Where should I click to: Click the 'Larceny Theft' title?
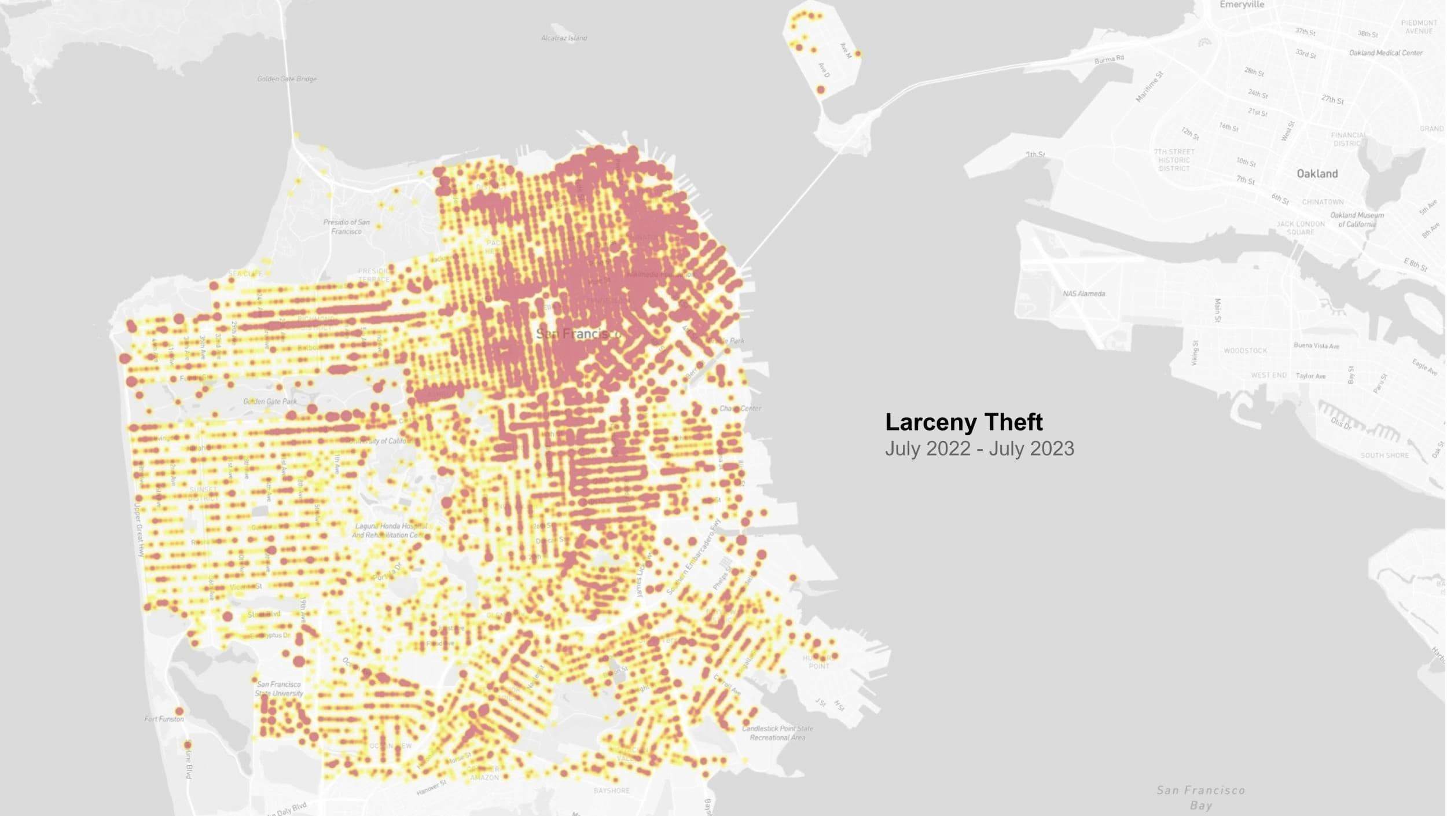[x=964, y=422]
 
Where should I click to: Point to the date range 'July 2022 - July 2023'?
[x=979, y=449]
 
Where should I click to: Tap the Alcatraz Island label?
[x=564, y=38]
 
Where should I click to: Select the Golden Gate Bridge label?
[x=287, y=79]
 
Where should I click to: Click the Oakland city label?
[x=1317, y=174]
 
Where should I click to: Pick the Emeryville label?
[x=1242, y=5]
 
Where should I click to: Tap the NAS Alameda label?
[x=1084, y=293]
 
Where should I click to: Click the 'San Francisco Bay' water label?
[x=1200, y=797]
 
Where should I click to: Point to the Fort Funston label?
[x=164, y=719]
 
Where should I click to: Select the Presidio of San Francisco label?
[x=346, y=226]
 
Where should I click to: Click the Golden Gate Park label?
[x=270, y=401]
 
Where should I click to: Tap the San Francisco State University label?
[x=279, y=689]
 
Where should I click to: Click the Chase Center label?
[x=740, y=409]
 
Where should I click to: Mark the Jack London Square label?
[x=1300, y=227]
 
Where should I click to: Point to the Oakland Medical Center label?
[x=1385, y=53]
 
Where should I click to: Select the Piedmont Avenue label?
[x=1419, y=27]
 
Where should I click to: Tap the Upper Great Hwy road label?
[x=138, y=530]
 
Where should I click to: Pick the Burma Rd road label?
[x=1108, y=59]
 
